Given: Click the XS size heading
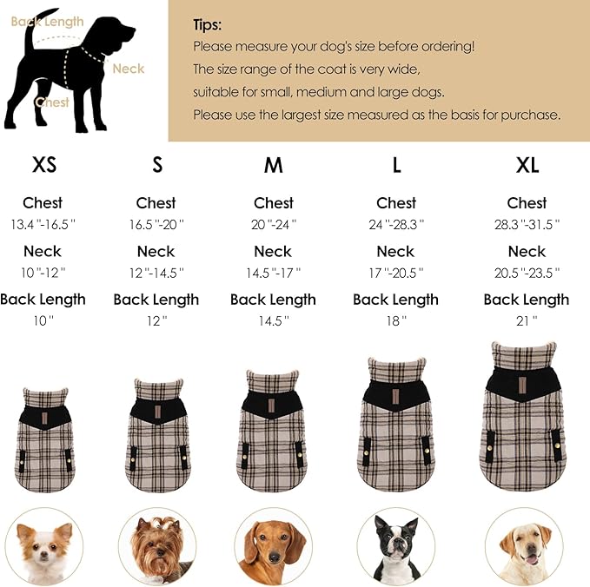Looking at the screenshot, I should (44, 165).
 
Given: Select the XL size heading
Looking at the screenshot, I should (527, 165).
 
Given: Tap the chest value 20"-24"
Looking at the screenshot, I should (274, 224).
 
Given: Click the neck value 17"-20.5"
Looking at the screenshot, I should (396, 273).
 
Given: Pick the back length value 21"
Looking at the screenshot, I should (527, 320).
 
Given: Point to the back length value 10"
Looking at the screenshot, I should (43, 320).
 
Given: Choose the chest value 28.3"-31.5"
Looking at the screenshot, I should (527, 224).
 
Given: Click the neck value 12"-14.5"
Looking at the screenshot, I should (156, 273).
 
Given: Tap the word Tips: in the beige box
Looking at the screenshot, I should (208, 25).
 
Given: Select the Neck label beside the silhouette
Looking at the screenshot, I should (129, 69).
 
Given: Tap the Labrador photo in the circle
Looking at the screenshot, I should (524, 546).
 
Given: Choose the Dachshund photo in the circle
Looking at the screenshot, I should (274, 546).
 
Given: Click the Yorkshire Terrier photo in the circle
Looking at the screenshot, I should (157, 546).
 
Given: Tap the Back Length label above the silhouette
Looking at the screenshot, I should (48, 22).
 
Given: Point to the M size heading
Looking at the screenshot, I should (274, 165).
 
